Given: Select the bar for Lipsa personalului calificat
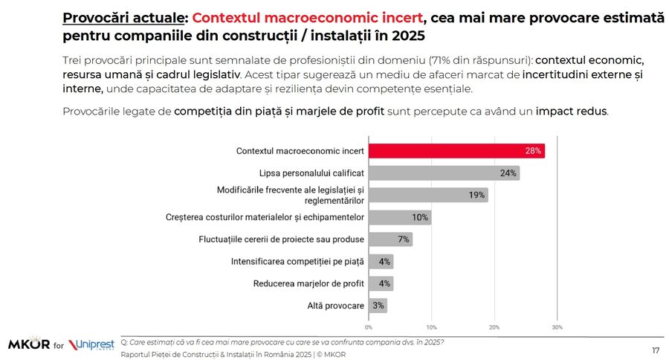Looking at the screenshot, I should click(444, 173).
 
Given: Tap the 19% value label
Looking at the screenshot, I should click(476, 196).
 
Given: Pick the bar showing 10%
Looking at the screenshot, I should click(400, 217).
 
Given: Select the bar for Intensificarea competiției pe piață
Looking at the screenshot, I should click(381, 262).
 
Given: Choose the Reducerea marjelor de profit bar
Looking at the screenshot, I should click(381, 283).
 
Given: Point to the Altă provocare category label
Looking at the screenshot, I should click(335, 306).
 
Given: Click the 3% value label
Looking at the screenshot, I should click(378, 306).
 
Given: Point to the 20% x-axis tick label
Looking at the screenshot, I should click(494, 327).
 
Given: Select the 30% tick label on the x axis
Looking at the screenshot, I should click(557, 327).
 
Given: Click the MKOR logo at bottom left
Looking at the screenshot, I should click(29, 345).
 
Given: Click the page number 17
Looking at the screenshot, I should click(656, 350).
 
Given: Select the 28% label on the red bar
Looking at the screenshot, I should click(533, 151).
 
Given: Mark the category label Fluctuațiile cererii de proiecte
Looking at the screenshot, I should click(281, 240).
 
